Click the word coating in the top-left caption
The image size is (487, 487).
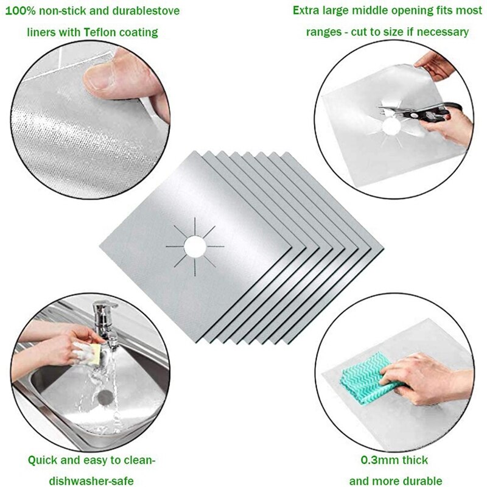(x=138, y=32)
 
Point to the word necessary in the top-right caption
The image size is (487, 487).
(x=446, y=32)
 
